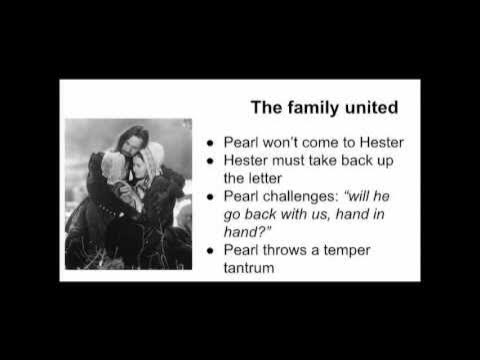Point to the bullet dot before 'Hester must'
[207, 160]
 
